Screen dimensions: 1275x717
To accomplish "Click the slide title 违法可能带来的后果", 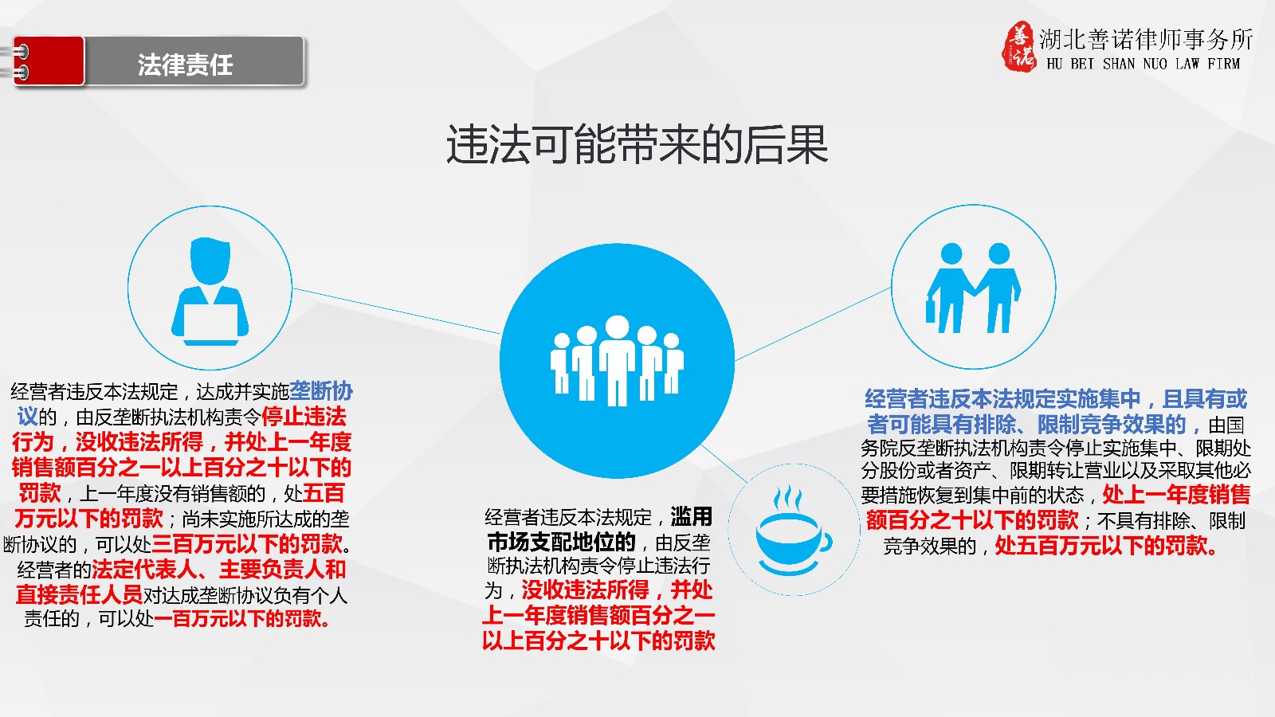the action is tap(637, 145).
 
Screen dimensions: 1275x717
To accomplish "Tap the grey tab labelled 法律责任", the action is tap(194, 61).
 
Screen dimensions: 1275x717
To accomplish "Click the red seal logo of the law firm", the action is tap(1019, 47).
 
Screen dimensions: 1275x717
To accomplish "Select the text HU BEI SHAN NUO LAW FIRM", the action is tap(1143, 64).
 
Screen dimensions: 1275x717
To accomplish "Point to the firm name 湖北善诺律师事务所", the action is tap(1146, 39).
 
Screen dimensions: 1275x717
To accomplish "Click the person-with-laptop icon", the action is tap(210, 291).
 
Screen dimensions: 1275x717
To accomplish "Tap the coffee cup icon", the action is tap(794, 538).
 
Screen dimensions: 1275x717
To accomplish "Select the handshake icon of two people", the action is tap(973, 288).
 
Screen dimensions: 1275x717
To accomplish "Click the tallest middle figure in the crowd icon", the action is tap(617, 360).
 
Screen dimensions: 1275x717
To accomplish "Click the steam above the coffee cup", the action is tap(787, 498).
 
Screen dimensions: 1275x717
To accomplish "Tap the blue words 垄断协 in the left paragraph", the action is tap(321, 391).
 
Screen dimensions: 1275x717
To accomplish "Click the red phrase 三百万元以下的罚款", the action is tap(247, 544).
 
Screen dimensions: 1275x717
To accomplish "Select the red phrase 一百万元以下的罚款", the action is tap(242, 618).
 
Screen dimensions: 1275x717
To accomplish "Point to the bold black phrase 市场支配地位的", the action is tap(561, 543).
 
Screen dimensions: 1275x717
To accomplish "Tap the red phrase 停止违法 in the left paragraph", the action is tap(304, 417).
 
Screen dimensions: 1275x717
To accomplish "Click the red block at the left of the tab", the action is tap(49, 61).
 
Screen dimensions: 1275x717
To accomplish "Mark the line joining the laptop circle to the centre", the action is tap(396, 311).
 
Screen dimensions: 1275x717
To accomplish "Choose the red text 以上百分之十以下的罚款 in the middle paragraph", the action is tap(598, 641).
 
